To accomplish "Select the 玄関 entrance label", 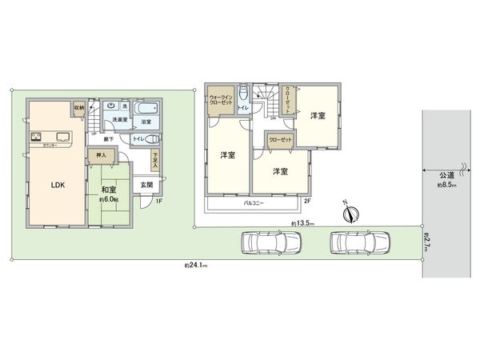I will [x=147, y=185].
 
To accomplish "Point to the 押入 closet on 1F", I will [x=101, y=157].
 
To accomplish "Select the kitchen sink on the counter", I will [x=62, y=134].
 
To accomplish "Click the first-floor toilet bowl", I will [x=153, y=138].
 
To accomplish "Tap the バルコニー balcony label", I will [x=254, y=204].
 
